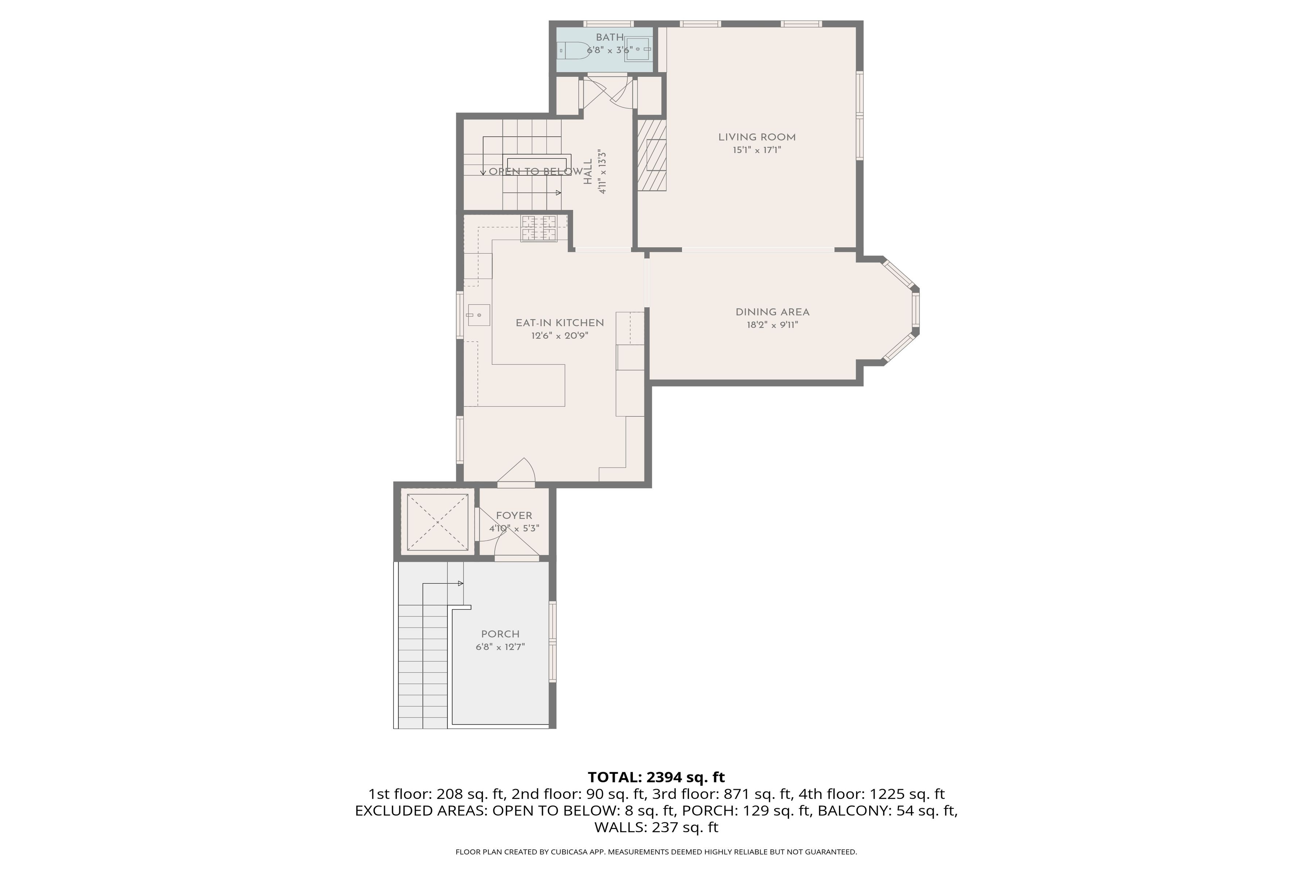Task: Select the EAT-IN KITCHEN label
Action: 559,323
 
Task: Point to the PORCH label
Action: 500,634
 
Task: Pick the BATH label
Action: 609,38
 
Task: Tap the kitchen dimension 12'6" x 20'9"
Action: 559,336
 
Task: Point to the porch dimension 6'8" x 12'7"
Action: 500,647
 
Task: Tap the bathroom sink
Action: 638,49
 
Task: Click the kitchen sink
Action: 479,315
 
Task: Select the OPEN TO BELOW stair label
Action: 535,172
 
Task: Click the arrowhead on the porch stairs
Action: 461,584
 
